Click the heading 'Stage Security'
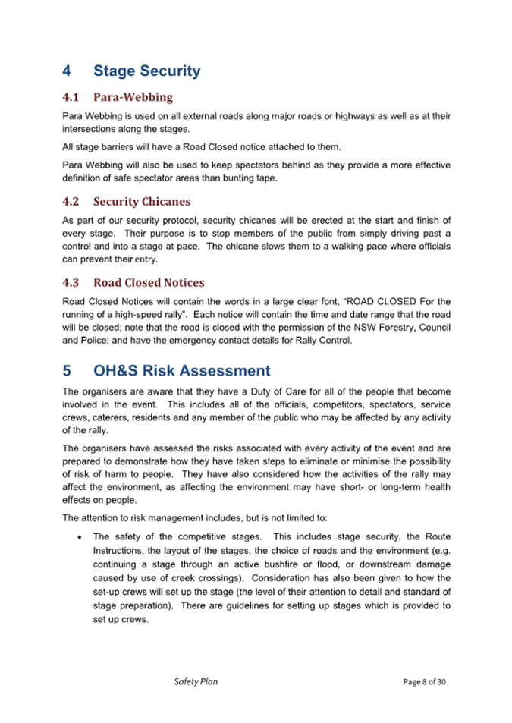coord(146,71)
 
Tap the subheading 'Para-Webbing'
coord(133,97)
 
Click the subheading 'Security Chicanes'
coord(142,202)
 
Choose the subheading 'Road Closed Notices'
coord(149,283)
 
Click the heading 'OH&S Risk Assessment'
coord(181,371)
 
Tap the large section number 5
coord(67,371)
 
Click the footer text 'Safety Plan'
coord(196,681)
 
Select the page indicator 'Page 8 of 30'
coord(424,681)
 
